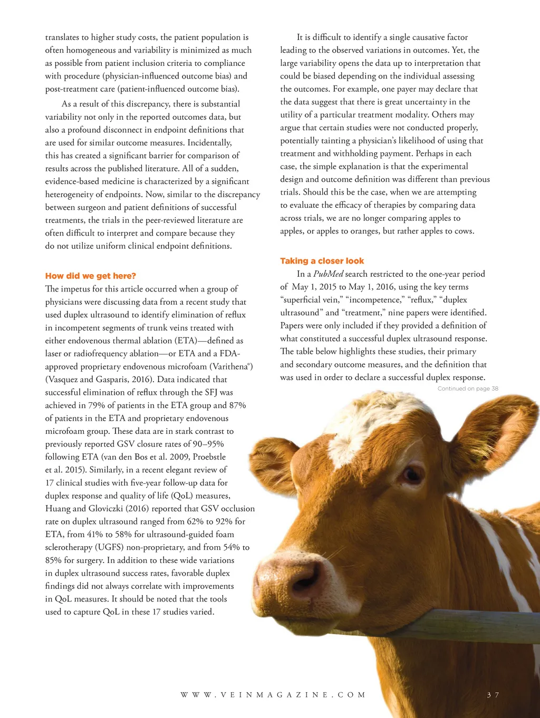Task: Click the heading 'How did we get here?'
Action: pyautogui.click(x=91, y=276)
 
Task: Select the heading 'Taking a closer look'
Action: pyautogui.click(x=322, y=261)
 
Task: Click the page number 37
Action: pyautogui.click(x=493, y=695)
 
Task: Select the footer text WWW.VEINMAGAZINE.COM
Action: pyautogui.click(x=273, y=695)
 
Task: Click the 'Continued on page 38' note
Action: pyautogui.click(x=467, y=389)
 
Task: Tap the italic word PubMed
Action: pyautogui.click(x=328, y=274)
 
